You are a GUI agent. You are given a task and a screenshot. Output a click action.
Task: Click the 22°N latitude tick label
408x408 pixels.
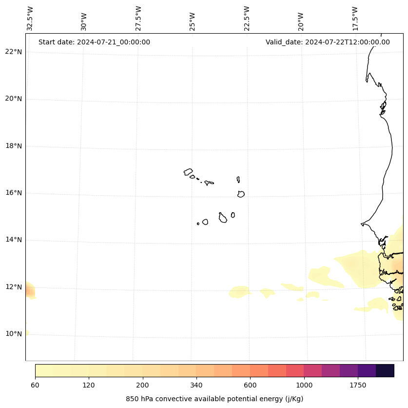point(13,52)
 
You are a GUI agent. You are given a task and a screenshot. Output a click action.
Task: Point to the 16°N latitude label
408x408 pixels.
point(13,193)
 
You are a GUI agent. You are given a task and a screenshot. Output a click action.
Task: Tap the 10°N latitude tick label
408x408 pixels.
point(13,334)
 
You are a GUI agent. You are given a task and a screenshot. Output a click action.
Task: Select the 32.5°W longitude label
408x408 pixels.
point(30,19)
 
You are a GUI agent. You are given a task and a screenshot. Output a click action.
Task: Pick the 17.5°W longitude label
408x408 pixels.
point(355,19)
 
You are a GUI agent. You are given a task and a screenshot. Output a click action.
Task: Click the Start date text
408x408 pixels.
point(94,42)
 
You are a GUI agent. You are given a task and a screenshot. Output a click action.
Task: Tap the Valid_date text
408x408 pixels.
point(328,42)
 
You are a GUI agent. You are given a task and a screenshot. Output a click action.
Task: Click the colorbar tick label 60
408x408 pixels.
point(35,385)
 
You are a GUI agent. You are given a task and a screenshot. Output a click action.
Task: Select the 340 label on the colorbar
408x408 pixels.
point(196,385)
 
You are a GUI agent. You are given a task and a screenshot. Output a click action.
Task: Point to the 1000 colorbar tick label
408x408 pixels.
point(304,385)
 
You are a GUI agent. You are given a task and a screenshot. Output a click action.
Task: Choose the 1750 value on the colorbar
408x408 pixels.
point(358,385)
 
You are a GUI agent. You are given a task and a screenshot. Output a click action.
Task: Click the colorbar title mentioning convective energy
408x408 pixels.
point(214,399)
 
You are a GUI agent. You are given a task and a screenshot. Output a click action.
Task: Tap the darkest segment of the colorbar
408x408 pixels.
point(385,370)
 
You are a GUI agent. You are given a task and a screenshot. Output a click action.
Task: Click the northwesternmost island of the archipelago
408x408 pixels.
point(188,172)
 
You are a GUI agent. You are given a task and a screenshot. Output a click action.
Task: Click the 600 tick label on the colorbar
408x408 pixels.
point(250,385)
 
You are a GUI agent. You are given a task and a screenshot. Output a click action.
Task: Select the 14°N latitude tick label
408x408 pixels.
point(13,240)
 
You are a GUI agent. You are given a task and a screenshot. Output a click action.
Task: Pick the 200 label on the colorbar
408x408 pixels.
point(143,385)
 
